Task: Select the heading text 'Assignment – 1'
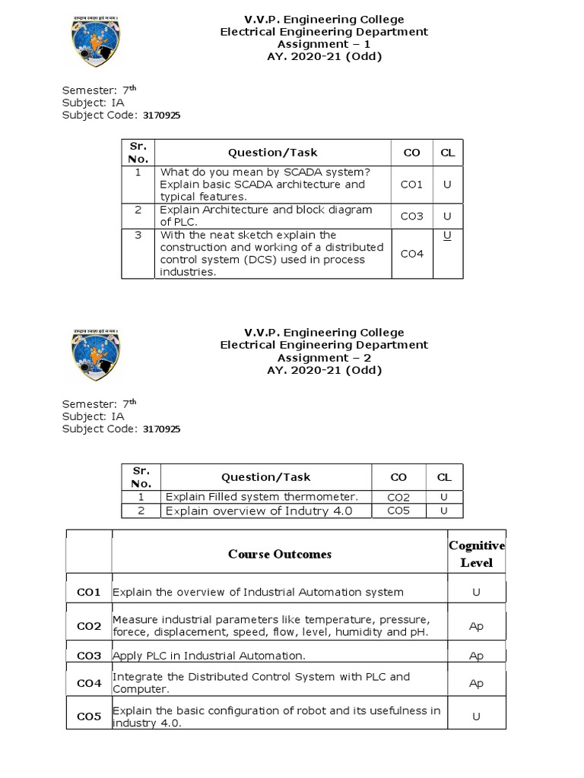tap(323, 44)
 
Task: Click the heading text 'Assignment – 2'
tap(323, 357)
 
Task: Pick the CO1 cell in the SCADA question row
tap(411, 185)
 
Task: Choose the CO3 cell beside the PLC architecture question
tap(411, 217)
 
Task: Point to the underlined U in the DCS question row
tap(447, 236)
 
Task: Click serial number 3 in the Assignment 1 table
tap(138, 236)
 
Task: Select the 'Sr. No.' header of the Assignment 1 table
tap(138, 153)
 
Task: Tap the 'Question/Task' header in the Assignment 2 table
tap(265, 477)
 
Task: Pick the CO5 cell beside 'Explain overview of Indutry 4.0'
tap(398, 511)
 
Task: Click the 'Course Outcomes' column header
tap(279, 554)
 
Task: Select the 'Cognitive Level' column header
tap(476, 554)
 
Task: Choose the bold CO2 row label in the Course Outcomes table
tap(88, 626)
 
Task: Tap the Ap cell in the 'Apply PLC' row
tap(476, 656)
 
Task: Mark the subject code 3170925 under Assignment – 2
tap(161, 429)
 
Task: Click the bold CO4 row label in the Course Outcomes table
tap(88, 684)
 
